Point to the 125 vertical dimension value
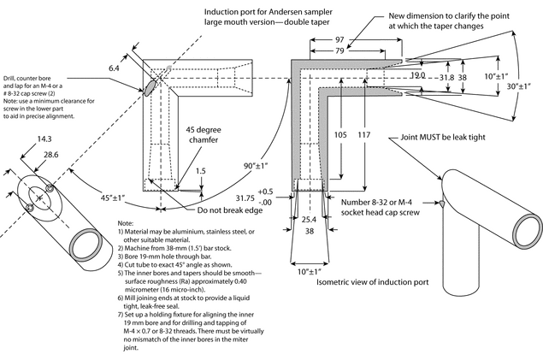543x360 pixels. [x=339, y=134]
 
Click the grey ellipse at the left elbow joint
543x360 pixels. [x=153, y=83]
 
